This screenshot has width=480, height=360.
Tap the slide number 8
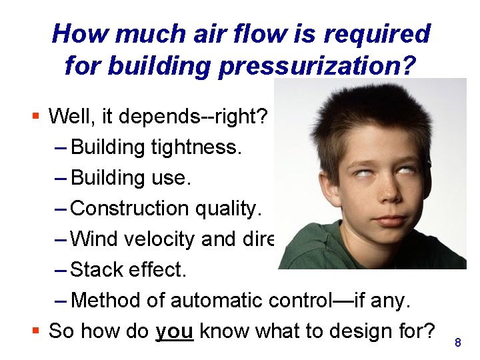(457, 343)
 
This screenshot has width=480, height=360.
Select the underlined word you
(174, 330)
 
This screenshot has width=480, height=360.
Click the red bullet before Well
(37, 117)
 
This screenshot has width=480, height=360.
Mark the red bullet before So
(37, 330)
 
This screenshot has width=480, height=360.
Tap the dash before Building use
(60, 177)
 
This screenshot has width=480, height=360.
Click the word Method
(101, 301)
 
